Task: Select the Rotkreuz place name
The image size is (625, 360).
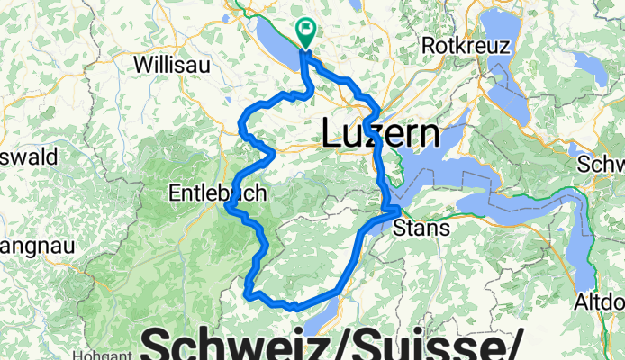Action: point(468,46)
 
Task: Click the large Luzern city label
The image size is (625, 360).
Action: point(381,135)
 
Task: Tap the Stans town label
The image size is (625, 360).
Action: point(422,228)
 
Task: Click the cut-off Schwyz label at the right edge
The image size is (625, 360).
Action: point(604,165)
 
